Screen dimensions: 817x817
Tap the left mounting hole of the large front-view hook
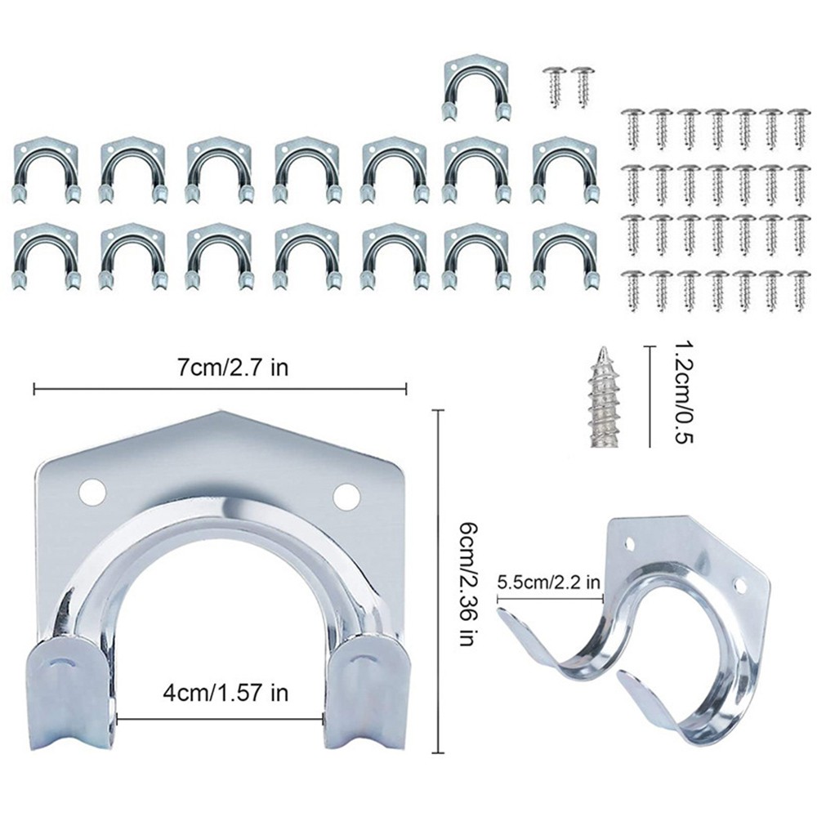pyautogui.click(x=93, y=492)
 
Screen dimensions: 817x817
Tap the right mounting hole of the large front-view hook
pyautogui.click(x=346, y=494)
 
